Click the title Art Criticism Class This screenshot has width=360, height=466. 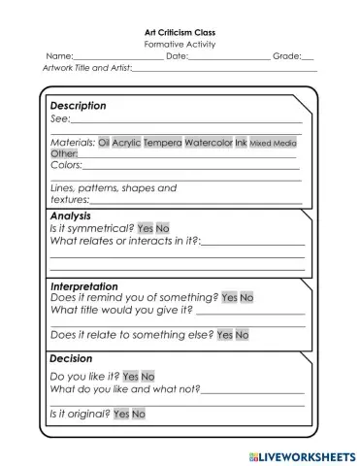(180, 32)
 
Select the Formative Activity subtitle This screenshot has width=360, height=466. (180, 45)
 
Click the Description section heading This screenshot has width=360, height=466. (78, 106)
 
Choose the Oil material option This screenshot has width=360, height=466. (104, 143)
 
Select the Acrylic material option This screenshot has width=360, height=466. (126, 143)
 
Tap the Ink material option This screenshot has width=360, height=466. (241, 143)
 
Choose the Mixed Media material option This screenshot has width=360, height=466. (274, 143)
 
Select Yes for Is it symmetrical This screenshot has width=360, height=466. (146, 228)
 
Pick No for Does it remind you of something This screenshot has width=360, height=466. (246, 298)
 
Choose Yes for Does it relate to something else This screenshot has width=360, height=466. (224, 335)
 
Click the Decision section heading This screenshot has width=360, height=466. (71, 358)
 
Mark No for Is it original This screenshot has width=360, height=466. (139, 414)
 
